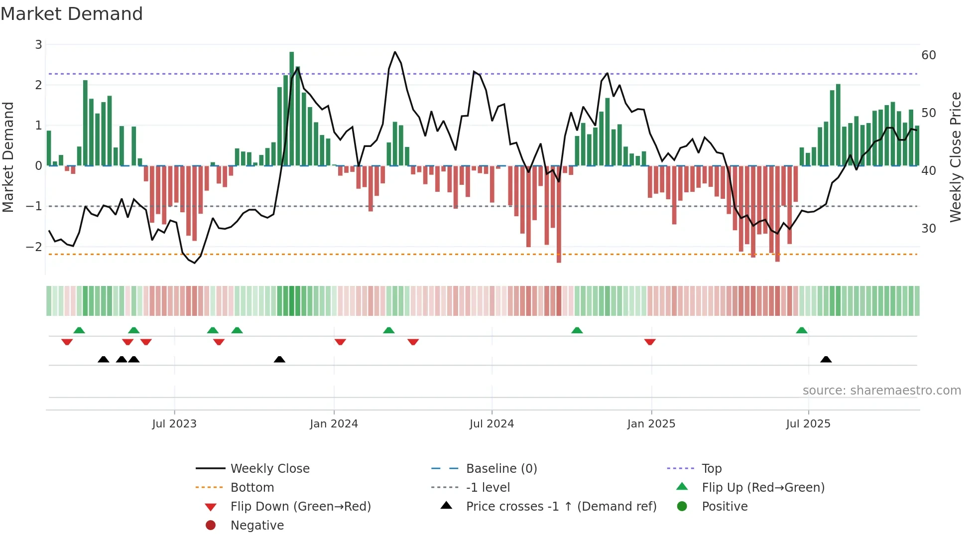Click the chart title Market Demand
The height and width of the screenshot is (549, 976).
(x=72, y=14)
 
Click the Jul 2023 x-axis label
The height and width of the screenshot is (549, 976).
(x=174, y=424)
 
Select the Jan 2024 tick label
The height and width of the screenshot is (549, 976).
(x=334, y=424)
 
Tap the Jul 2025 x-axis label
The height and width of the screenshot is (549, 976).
(x=808, y=424)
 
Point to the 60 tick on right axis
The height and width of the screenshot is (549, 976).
(x=929, y=55)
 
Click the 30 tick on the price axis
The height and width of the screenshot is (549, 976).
(x=929, y=229)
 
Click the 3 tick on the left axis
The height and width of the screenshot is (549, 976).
(x=38, y=45)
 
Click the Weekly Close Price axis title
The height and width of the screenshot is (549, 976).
(x=955, y=157)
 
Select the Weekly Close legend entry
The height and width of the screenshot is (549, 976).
(x=270, y=469)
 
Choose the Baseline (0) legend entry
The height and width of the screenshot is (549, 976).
(x=501, y=469)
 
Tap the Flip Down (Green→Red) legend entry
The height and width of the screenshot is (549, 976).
(x=300, y=507)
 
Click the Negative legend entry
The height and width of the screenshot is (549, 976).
(x=257, y=526)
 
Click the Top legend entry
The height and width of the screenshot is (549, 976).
(x=711, y=469)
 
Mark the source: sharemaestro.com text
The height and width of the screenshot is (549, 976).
(x=881, y=391)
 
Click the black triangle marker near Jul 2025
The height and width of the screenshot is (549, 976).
(x=826, y=359)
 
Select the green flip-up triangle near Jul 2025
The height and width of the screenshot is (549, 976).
(x=801, y=330)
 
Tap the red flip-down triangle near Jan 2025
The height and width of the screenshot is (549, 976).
(x=649, y=342)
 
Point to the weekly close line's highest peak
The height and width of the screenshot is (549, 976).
(x=395, y=52)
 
